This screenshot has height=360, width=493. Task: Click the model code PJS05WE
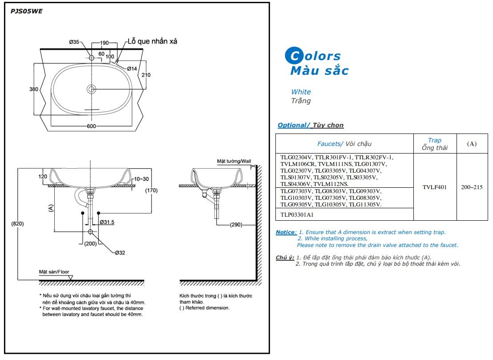tap(26, 12)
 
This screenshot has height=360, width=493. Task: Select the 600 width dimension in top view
tap(91, 126)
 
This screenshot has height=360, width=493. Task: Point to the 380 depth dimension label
tap(34, 89)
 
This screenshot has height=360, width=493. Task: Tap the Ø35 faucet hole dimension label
tap(74, 42)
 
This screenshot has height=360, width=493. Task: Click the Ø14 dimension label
tap(132, 69)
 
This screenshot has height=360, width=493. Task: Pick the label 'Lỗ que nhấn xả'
tap(152, 41)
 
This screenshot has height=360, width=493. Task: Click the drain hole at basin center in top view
tap(92, 89)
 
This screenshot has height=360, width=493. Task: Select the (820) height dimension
tap(17, 223)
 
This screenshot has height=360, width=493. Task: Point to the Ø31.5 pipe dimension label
tap(107, 222)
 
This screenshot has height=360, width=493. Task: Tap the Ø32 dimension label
tap(120, 253)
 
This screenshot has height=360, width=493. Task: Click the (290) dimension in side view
tap(236, 225)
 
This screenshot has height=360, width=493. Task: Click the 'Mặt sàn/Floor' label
tap(54, 272)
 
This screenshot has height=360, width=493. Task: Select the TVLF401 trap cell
tap(435, 187)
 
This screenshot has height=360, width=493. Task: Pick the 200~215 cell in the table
tap(472, 187)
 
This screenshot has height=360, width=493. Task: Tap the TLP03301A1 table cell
tap(297, 214)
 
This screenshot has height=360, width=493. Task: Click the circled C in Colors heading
tap(294, 56)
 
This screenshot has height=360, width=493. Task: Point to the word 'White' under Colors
tap(301, 92)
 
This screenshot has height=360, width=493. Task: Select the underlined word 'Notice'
tap(285, 232)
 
